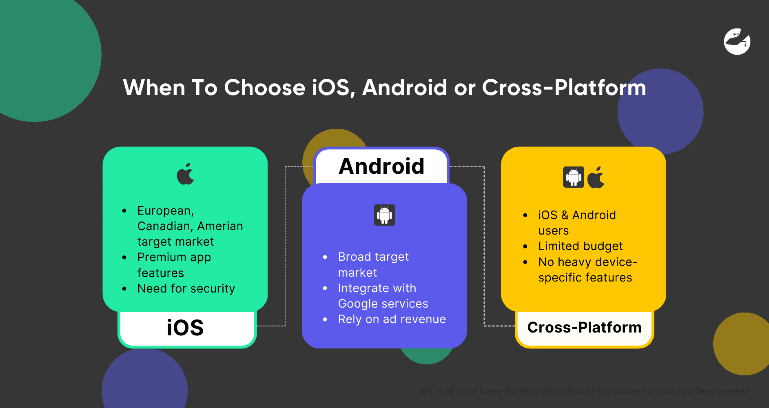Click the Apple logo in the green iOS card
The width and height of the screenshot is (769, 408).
186,174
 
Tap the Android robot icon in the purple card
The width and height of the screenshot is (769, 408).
384,215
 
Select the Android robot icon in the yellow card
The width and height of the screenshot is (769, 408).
573,177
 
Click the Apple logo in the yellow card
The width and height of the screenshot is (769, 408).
596,177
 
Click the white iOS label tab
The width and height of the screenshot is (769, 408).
185,328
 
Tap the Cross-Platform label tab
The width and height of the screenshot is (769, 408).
584,328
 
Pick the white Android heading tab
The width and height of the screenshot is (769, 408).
381,166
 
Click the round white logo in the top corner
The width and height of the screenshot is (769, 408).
737,41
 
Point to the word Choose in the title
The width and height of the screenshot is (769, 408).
264,88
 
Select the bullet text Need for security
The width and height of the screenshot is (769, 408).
186,288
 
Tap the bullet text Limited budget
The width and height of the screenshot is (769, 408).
580,246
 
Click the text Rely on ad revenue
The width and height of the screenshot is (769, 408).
392,319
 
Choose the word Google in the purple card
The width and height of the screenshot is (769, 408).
357,304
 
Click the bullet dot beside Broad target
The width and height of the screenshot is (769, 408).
325,257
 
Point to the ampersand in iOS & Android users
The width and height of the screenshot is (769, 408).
565,215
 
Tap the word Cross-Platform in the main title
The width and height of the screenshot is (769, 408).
564,88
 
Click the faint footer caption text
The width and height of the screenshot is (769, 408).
585,391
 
